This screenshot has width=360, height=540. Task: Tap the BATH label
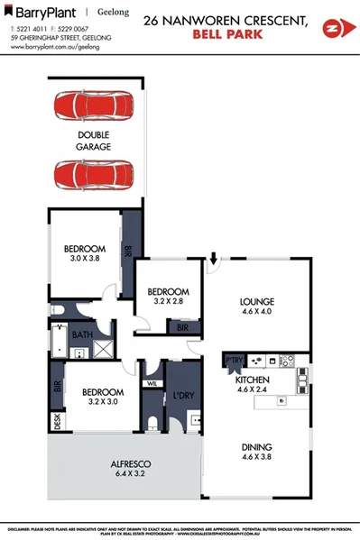pos(83,335)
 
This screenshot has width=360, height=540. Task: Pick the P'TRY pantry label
pos(233,361)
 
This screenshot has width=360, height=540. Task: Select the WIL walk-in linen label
pos(152,383)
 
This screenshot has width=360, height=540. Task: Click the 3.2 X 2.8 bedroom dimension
pos(168,303)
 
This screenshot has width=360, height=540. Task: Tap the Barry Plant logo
pos(45,12)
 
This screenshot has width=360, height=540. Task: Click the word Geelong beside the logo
pos(115,13)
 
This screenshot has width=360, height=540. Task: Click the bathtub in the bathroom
pos(57,341)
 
